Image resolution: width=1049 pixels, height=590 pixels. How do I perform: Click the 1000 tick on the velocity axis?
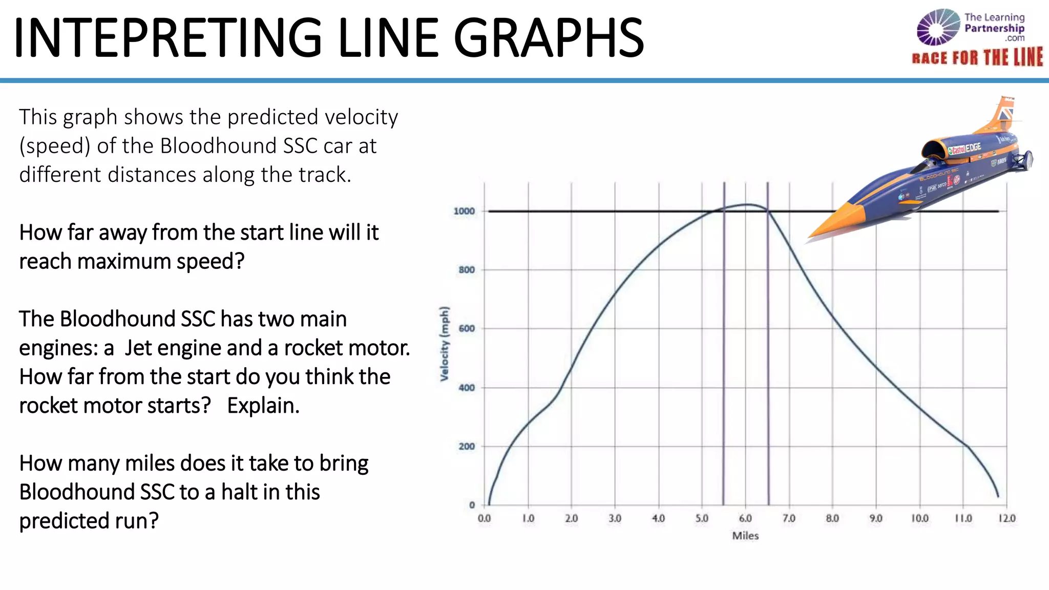(464, 211)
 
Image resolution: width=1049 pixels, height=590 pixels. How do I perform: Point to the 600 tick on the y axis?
(467, 328)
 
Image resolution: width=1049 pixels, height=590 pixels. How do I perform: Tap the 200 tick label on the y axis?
(467, 446)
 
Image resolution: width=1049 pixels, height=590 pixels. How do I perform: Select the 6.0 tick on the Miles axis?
(745, 518)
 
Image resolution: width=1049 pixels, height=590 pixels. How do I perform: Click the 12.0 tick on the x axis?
(1006, 518)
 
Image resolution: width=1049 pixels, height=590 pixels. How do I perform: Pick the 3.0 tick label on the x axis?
(615, 518)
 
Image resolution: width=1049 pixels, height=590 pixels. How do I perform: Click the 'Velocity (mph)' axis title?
(444, 344)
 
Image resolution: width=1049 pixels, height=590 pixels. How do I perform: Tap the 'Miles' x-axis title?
(745, 536)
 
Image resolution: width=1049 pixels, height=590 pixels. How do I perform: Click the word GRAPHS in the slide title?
(549, 38)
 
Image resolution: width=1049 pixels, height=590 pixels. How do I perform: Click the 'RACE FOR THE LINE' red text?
(977, 57)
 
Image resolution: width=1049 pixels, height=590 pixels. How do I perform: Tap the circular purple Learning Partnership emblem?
(938, 27)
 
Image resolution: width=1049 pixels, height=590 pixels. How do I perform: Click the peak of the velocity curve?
(747, 205)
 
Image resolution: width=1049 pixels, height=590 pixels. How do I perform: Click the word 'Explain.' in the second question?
(263, 406)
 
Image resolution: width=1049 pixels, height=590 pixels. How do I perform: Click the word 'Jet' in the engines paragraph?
(138, 348)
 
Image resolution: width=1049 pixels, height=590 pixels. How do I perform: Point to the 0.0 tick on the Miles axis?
(484, 518)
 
